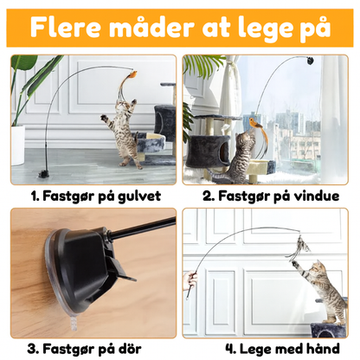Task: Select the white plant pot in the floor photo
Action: (x=17, y=144)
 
